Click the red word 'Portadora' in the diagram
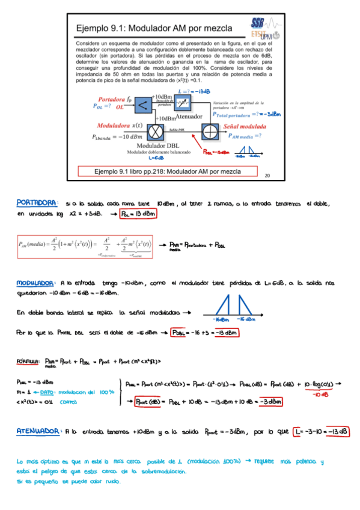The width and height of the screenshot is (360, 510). (x=109, y=98)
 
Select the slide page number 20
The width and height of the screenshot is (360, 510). (x=267, y=176)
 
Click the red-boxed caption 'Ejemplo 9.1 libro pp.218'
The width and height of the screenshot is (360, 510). (x=168, y=171)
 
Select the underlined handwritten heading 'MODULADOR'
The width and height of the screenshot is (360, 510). (x=37, y=281)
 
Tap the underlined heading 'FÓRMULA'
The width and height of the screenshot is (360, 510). (x=28, y=361)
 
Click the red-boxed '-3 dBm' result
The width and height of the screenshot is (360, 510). (x=269, y=402)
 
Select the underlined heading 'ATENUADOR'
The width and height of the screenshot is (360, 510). (x=38, y=431)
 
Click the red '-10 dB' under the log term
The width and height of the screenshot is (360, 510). (x=320, y=395)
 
